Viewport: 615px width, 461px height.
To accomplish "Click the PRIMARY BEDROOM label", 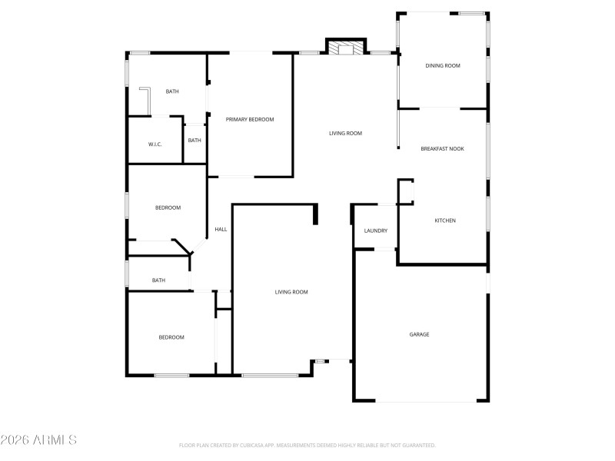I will click(249, 119).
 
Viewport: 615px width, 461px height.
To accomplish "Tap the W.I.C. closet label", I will click(155, 144).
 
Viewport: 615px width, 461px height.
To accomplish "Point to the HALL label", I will click(221, 229).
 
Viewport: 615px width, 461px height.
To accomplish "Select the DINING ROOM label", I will click(443, 66).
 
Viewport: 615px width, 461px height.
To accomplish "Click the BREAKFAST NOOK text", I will click(442, 148).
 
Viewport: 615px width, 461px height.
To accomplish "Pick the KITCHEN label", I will click(445, 221).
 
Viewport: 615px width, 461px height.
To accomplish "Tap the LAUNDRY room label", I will click(375, 230).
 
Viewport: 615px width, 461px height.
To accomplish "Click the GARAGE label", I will click(419, 334).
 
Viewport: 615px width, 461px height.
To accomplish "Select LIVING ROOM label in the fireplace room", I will click(345, 133).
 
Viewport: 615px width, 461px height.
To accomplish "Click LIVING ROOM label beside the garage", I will click(291, 292).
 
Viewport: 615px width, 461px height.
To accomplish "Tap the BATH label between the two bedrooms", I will click(158, 280).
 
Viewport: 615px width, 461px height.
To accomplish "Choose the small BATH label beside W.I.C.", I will click(194, 140).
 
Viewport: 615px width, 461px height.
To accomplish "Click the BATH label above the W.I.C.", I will click(172, 91).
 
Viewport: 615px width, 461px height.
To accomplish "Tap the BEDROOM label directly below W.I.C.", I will click(168, 207).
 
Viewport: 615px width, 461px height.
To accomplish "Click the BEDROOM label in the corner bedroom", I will click(171, 337).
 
